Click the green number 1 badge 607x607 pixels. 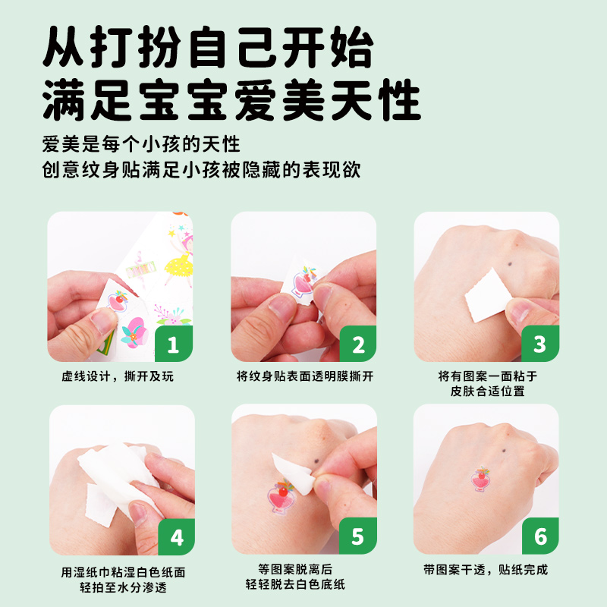pos(174,344)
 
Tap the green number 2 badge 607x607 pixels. pos(358,344)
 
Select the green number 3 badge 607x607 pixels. pos(540,344)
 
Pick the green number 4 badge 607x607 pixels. pos(177,537)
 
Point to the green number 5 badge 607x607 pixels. pos(358,536)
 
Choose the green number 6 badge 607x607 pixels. pos(540,536)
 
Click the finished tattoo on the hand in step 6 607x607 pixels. pos(480,479)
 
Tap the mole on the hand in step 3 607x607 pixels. pos(509,264)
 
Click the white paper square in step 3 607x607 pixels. pos(489,295)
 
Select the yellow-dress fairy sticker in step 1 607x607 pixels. pos(179,257)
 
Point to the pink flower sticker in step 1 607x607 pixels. pos(134,332)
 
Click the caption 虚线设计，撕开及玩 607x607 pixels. pos(118,376)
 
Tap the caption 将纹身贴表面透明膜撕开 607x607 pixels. pos(305,376)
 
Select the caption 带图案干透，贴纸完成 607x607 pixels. pos(486,570)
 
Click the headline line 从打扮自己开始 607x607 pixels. pos(208,47)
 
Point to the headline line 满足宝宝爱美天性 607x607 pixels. pos(232,99)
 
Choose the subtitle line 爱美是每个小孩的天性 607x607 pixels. pos(141,144)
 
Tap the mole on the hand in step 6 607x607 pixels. pos(504,451)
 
